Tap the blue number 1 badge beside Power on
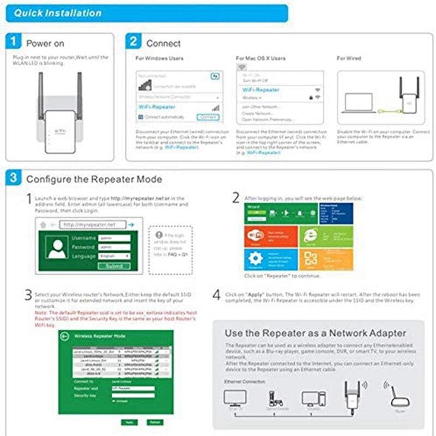click(15, 43)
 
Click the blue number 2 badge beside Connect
click(134, 43)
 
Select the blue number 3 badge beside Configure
click(15, 178)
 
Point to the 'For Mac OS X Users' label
click(261, 58)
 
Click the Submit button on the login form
click(114, 266)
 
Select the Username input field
click(114, 238)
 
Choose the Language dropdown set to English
click(114, 256)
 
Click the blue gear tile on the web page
click(255, 259)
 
